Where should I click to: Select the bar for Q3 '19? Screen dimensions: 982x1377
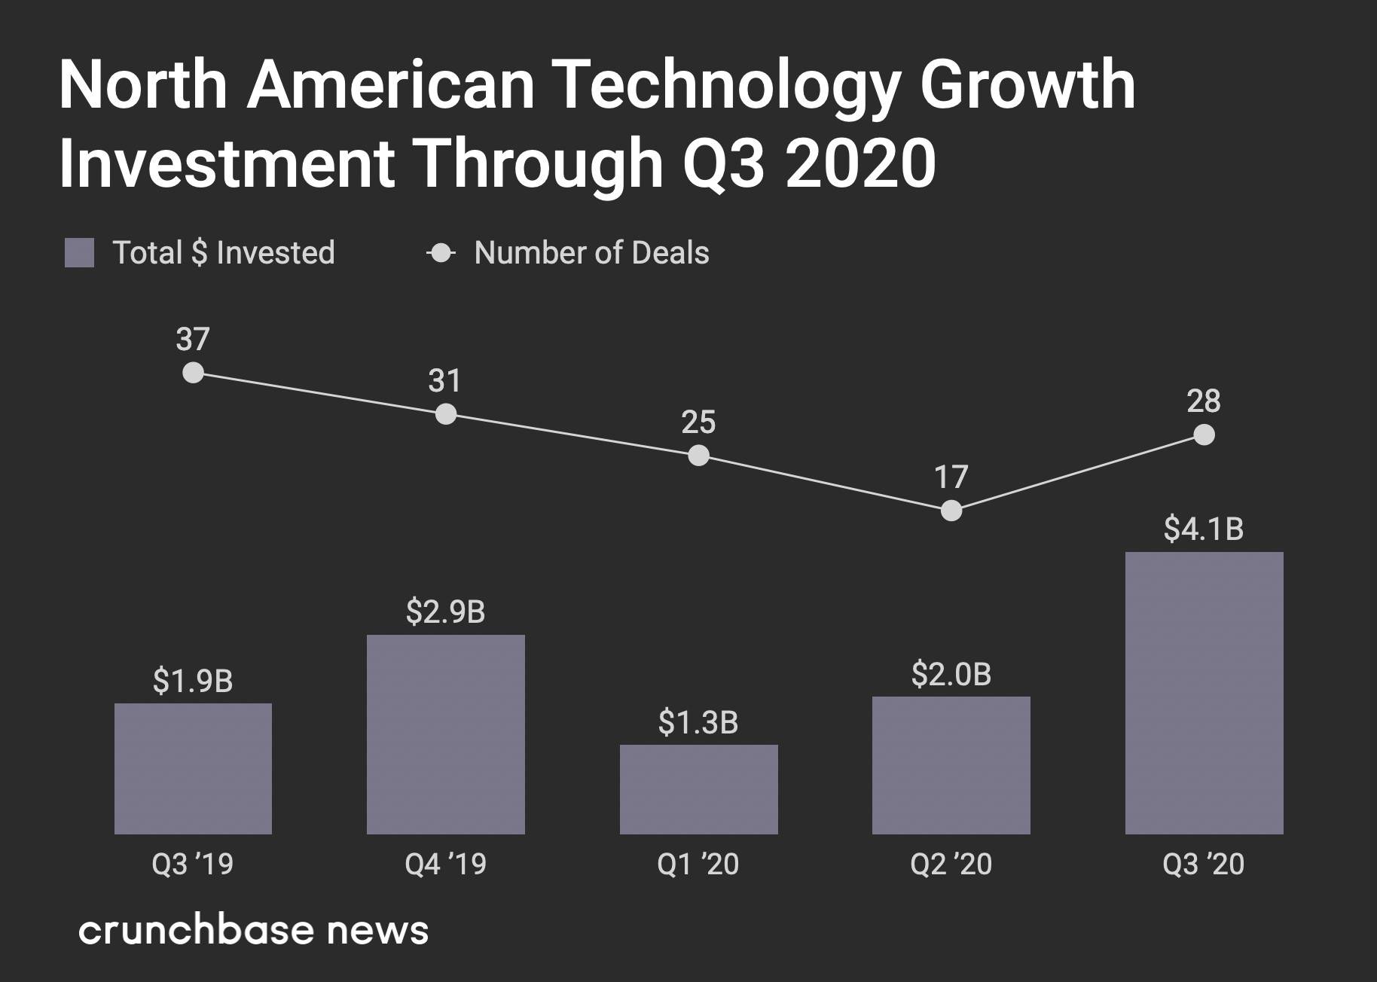[193, 768]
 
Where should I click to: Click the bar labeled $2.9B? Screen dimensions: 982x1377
[445, 734]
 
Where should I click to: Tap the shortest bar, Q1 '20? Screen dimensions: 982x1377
[698, 789]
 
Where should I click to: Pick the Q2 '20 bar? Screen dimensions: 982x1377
[951, 765]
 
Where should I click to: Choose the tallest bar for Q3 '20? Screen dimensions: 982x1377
[1204, 693]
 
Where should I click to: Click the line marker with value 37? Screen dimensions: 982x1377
[194, 373]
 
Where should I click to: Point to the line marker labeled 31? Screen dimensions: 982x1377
[446, 414]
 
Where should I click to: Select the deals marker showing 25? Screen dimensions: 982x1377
[698, 456]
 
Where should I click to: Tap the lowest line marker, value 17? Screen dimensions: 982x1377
[951, 511]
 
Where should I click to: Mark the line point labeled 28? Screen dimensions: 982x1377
[1204, 435]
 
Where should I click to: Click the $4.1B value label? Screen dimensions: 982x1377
[1203, 529]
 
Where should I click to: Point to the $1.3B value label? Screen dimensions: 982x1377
[698, 722]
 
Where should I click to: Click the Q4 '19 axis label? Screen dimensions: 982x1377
[445, 864]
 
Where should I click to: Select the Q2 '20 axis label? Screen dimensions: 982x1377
[951, 864]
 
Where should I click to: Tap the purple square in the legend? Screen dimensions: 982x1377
[80, 253]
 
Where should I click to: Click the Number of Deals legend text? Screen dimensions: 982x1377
[591, 253]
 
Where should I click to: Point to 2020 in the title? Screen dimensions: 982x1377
[860, 163]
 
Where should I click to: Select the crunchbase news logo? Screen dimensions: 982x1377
[253, 931]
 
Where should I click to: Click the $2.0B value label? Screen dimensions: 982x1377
[951, 674]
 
